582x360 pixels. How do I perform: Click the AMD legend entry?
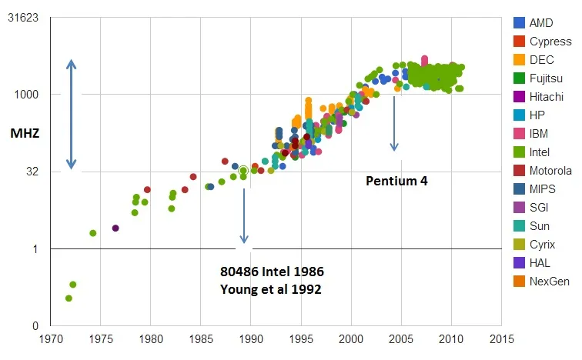(541, 22)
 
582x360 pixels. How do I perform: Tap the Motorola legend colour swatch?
(520, 171)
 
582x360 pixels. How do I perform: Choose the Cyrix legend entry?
(541, 245)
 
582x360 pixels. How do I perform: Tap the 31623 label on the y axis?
(23, 18)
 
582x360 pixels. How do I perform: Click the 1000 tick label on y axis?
(28, 95)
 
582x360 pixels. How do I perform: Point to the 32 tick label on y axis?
(33, 172)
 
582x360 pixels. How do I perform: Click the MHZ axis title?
(25, 133)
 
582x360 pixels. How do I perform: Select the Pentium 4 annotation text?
(396, 182)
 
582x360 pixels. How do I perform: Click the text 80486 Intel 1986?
(272, 272)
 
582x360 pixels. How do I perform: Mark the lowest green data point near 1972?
(69, 298)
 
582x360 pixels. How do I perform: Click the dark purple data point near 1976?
(115, 228)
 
